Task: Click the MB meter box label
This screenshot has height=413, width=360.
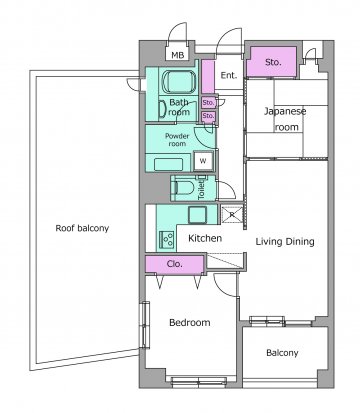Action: (x=177, y=55)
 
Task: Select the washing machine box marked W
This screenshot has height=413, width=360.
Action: (x=203, y=161)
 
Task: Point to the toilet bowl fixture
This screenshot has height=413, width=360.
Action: (x=182, y=188)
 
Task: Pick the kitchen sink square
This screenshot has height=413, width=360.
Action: (x=198, y=215)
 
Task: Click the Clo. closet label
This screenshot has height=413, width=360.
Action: (x=174, y=264)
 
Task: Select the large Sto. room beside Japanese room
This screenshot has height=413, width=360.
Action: (x=273, y=62)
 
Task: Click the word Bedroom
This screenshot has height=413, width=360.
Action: (x=190, y=322)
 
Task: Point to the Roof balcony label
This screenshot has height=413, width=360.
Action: (x=82, y=228)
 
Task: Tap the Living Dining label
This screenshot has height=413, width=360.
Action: (x=285, y=242)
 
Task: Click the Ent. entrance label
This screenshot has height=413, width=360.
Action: (x=229, y=75)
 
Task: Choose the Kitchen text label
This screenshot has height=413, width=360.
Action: (x=205, y=238)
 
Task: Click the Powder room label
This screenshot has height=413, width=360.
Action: (x=177, y=140)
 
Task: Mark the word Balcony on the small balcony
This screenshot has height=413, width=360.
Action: (x=282, y=353)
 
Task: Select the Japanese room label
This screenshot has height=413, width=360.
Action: (x=285, y=119)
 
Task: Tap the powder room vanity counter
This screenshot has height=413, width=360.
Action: (x=169, y=164)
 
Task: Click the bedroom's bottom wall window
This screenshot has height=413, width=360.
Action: (x=199, y=381)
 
